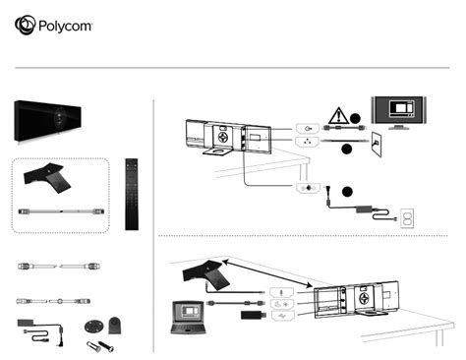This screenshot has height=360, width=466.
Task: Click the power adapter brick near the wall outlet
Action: pyautogui.click(x=374, y=208)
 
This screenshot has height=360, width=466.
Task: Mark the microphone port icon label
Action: pyautogui.click(x=278, y=288)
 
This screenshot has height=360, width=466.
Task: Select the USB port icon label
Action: pyautogui.click(x=278, y=316)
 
